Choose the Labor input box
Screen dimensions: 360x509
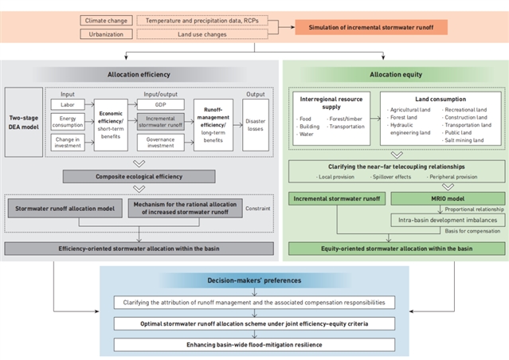(x=69, y=104)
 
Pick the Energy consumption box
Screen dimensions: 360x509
(x=69, y=122)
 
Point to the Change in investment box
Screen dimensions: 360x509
(x=69, y=142)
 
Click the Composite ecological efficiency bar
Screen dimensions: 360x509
(x=140, y=176)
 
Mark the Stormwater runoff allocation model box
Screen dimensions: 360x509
(x=66, y=209)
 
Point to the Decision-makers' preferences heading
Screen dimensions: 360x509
(x=254, y=280)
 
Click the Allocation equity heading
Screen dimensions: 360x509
(x=396, y=74)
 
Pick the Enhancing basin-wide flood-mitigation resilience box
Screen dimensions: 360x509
(x=254, y=344)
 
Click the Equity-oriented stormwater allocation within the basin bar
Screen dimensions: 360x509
(x=396, y=248)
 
